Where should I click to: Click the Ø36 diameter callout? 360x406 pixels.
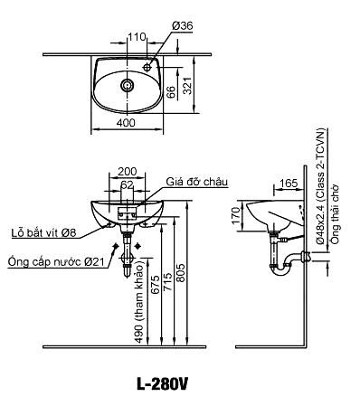click(183, 26)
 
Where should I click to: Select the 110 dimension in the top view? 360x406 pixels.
click(137, 37)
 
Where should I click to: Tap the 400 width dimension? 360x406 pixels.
click(127, 123)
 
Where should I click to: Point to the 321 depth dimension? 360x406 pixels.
click(187, 86)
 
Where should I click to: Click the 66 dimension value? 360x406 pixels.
click(171, 91)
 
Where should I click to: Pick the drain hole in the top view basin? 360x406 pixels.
click(127, 85)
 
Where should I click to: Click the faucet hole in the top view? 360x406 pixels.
click(147, 67)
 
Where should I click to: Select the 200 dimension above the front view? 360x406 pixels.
click(127, 171)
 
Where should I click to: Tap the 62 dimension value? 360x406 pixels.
click(127, 184)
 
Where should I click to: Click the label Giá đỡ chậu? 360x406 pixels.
click(196, 182)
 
